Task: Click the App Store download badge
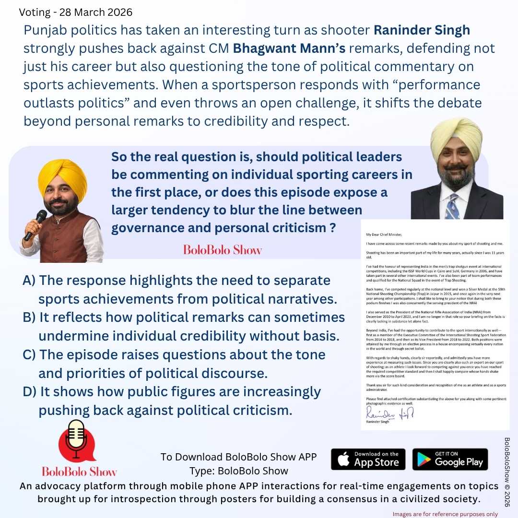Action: tap(368, 459)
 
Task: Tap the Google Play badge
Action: tap(450, 459)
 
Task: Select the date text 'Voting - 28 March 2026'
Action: tap(76, 12)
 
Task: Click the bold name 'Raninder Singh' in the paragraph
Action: tap(422, 31)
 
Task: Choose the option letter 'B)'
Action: tap(29, 318)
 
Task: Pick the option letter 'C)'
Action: tap(29, 355)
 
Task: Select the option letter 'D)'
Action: tap(29, 392)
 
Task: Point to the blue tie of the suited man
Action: tap(452, 206)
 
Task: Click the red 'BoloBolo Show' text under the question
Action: tap(223, 250)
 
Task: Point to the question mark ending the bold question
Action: tap(332, 228)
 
